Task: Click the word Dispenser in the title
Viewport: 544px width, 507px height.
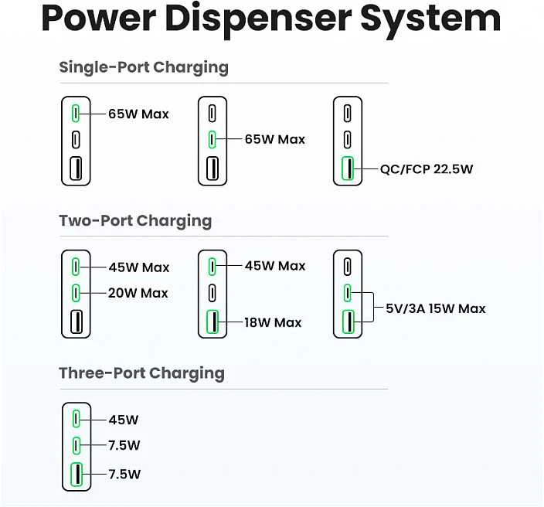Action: (258, 20)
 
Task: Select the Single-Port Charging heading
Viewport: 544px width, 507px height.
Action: (144, 67)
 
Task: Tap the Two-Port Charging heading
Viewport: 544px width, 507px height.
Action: (135, 221)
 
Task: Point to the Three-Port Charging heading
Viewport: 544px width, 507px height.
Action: (141, 373)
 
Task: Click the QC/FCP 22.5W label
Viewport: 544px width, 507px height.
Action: (427, 169)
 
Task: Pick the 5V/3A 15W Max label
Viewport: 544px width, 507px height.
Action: (435, 308)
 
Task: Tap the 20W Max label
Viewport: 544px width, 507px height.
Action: (138, 293)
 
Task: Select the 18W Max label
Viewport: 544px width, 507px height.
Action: (273, 323)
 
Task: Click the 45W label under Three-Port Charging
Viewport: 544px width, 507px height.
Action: (124, 420)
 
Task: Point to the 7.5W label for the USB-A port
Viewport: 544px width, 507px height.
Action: (124, 475)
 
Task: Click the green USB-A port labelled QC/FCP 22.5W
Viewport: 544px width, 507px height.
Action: (347, 168)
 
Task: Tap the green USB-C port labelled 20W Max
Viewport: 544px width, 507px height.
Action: (76, 293)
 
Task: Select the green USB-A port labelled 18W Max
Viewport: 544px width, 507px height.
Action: (212, 322)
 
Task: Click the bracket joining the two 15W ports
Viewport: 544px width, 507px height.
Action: (373, 308)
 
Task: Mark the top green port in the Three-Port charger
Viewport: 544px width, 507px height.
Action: (76, 419)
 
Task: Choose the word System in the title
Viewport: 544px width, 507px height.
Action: (431, 20)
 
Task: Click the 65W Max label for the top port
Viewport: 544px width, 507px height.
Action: (138, 114)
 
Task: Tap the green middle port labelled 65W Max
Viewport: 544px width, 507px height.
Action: (212, 139)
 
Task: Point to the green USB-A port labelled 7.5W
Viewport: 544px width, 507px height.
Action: (76, 475)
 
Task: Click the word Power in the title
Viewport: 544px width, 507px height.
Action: (99, 19)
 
